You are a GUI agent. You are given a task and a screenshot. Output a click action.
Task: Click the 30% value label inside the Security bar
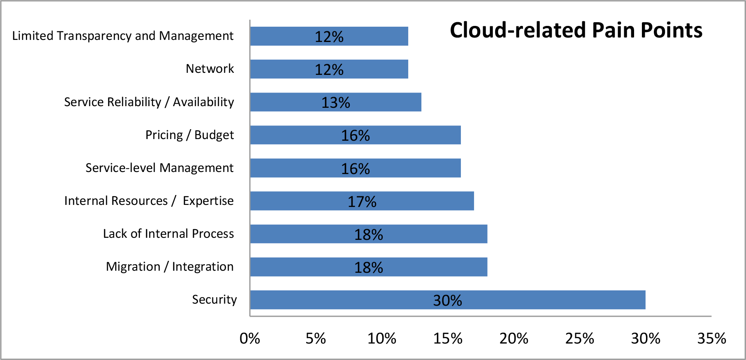coord(447,300)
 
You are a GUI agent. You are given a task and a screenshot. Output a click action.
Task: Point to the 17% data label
coord(362,202)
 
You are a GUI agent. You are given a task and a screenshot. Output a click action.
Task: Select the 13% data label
coord(335,102)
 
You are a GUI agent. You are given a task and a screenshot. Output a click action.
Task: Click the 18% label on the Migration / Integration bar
coord(368,267)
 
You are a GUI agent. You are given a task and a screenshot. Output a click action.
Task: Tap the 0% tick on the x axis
coord(250,338)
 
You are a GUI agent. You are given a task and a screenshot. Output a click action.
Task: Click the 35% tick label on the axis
coord(711,338)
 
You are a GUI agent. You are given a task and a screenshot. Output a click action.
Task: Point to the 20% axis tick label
coord(514,338)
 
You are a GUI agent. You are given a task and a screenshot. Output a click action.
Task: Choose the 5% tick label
coord(316,338)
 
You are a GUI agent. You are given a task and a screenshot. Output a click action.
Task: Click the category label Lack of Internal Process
coord(168,234)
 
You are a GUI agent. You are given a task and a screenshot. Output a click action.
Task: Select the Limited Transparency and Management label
coord(123,36)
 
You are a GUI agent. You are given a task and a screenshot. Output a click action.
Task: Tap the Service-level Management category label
coord(159,168)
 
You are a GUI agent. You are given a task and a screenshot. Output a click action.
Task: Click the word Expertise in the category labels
coord(208,201)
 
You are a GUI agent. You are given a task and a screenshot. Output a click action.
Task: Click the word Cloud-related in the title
coord(518,30)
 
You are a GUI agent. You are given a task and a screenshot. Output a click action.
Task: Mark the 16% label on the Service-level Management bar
coord(355,169)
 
